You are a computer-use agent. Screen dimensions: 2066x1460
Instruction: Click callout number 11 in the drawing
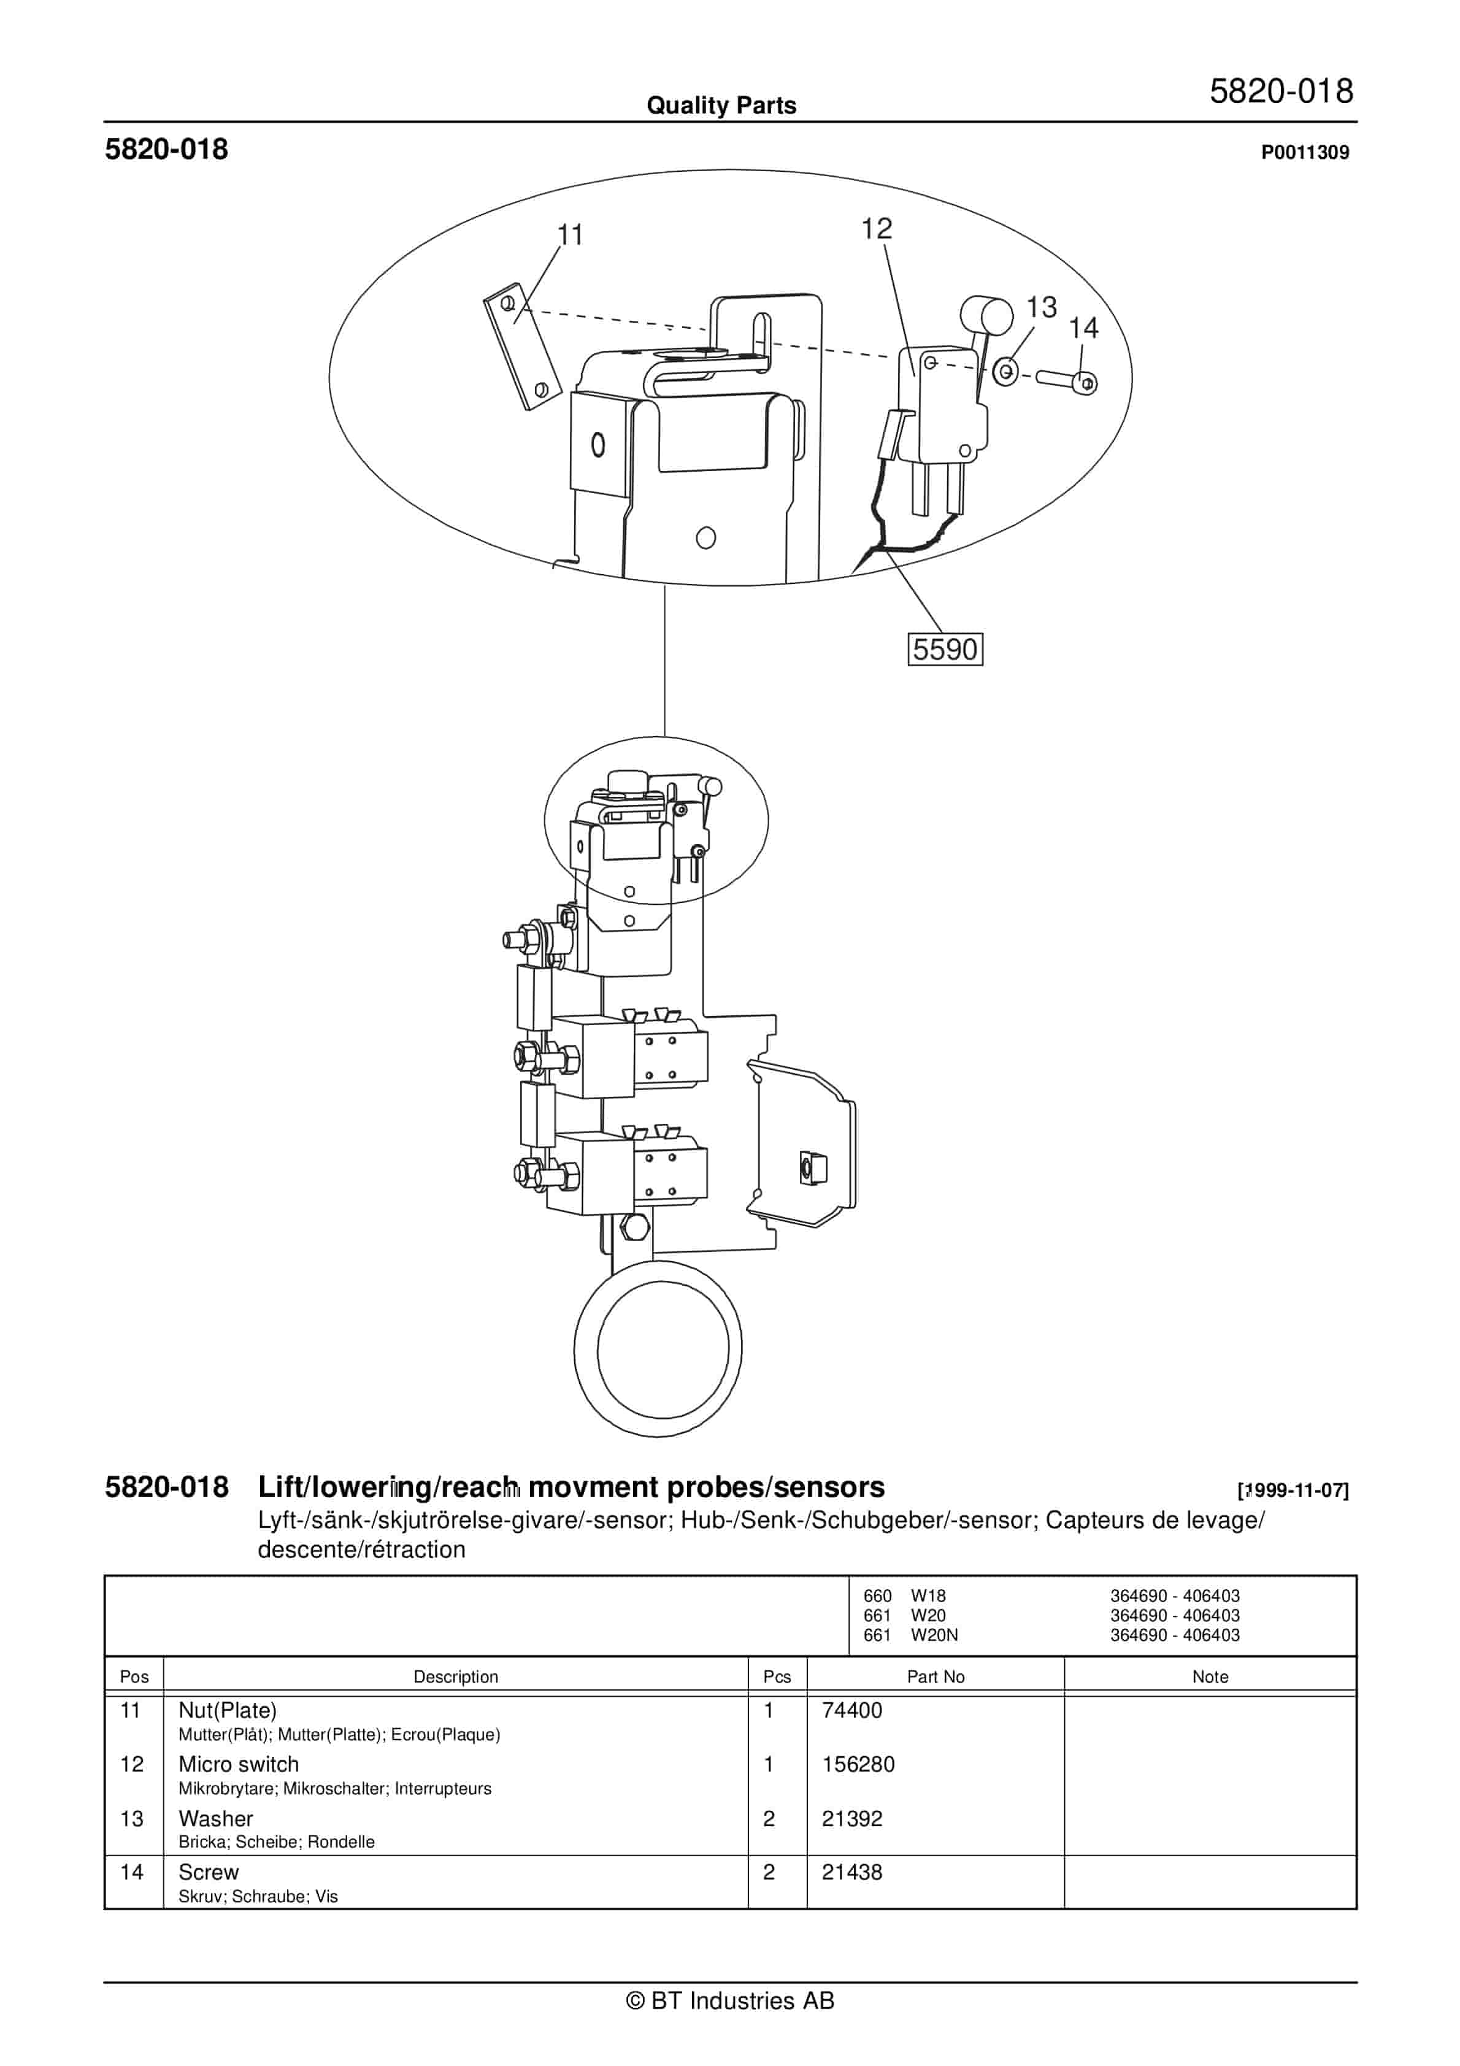point(570,235)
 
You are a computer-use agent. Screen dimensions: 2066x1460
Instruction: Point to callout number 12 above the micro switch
point(876,229)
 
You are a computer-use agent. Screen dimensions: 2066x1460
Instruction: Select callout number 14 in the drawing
point(1084,328)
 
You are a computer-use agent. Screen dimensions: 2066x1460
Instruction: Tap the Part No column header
point(936,1676)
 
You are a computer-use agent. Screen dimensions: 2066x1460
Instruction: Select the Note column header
point(1210,1676)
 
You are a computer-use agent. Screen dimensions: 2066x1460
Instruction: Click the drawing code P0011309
point(1304,152)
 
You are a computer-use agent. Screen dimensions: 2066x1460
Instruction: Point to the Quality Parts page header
point(721,106)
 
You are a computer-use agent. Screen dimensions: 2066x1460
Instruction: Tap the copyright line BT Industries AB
point(730,2000)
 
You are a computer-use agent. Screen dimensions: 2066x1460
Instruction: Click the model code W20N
point(934,1635)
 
